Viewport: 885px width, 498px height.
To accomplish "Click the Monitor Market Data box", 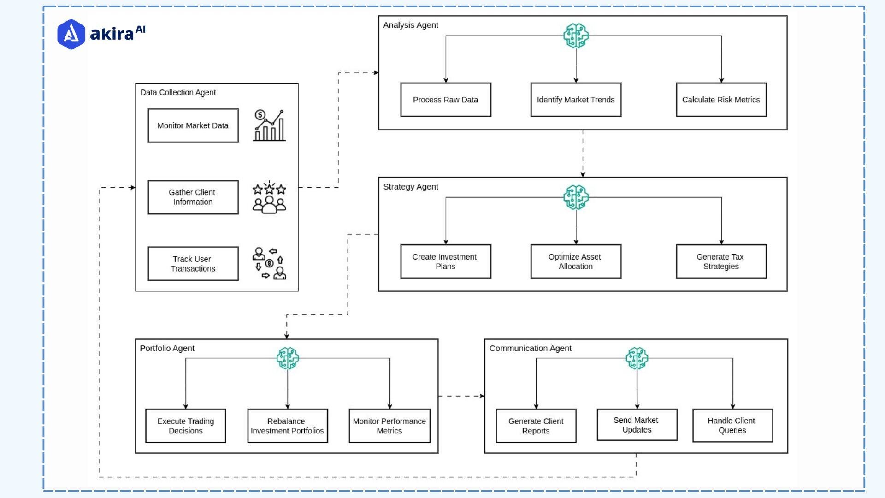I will (193, 125).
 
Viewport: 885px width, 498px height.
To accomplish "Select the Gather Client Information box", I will (193, 197).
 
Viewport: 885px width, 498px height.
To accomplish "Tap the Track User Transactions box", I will (193, 264).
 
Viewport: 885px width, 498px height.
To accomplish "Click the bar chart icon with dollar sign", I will (270, 125).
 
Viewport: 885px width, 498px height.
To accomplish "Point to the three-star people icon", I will (269, 198).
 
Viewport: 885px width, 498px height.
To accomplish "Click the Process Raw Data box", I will (445, 100).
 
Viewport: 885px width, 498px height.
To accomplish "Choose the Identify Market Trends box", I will (576, 100).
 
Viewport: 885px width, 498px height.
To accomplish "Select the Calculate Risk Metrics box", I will (721, 100).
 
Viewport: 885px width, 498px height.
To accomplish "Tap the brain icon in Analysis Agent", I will (576, 36).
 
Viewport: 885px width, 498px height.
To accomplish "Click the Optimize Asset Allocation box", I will (576, 261).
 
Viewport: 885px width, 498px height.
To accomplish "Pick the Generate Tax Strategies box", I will (721, 261).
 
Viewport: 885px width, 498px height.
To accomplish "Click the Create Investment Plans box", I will (445, 261).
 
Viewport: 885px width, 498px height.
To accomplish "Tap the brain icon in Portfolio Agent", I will (288, 358).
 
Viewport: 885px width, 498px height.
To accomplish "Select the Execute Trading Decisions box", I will (186, 426).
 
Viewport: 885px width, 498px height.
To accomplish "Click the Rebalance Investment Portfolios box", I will (287, 426).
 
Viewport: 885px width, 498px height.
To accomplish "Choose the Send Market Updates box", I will (637, 425).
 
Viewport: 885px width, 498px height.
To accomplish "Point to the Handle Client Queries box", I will (732, 425).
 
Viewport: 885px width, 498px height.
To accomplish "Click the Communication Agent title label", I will (530, 349).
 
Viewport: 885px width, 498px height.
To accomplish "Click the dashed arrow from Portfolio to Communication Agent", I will (461, 396).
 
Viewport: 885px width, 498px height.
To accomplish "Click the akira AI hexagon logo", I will (71, 34).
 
